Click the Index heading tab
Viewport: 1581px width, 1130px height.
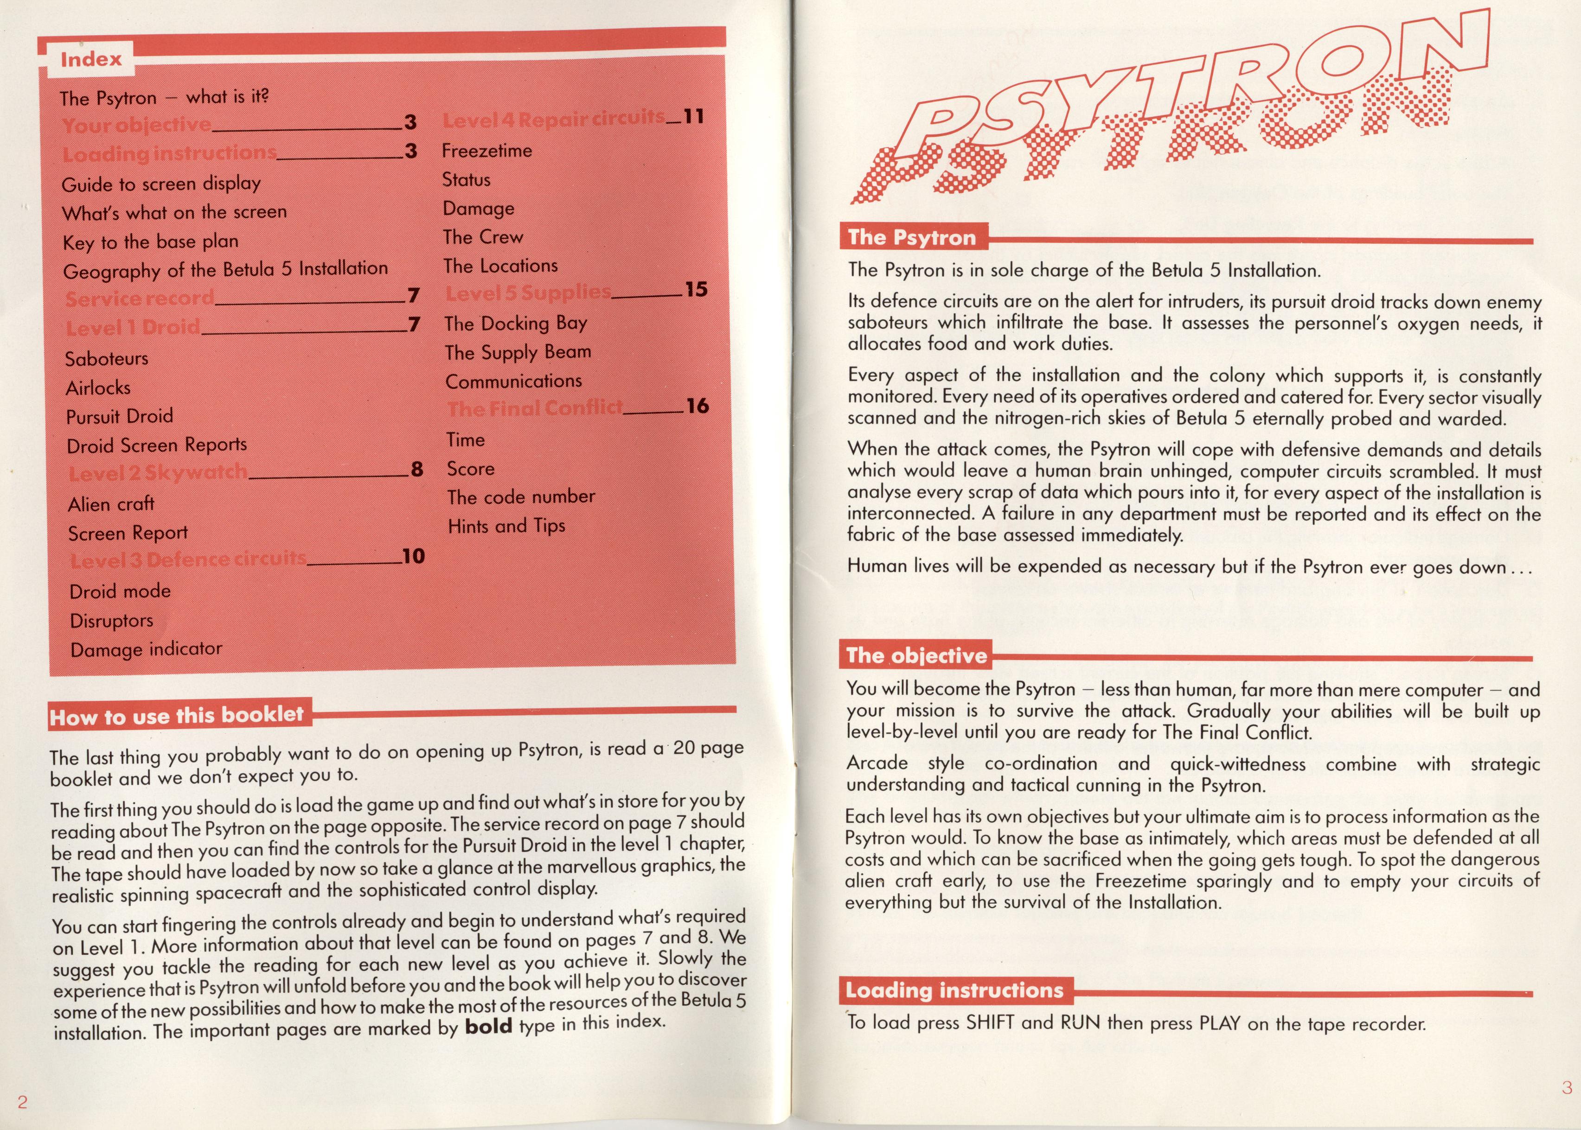90,60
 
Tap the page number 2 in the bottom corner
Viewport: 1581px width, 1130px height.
22,1101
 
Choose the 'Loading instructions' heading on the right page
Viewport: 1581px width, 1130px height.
954,990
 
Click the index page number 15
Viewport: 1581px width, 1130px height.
696,290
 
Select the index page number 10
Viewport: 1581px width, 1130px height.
414,556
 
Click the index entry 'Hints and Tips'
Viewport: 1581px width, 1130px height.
506,526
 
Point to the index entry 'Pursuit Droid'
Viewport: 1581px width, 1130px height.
119,416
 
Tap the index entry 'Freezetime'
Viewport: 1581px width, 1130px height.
486,150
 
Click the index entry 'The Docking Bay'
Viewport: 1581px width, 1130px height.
516,324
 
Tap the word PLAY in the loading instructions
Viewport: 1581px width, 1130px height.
1220,1023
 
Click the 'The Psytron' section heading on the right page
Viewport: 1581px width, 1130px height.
911,238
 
